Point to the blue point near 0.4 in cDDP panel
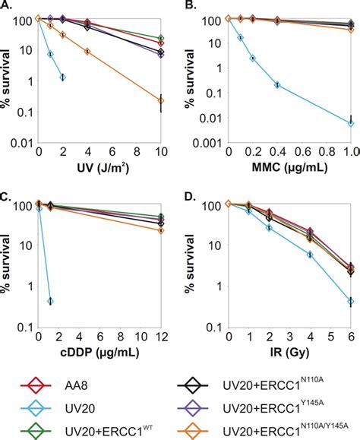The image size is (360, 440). tap(49, 301)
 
